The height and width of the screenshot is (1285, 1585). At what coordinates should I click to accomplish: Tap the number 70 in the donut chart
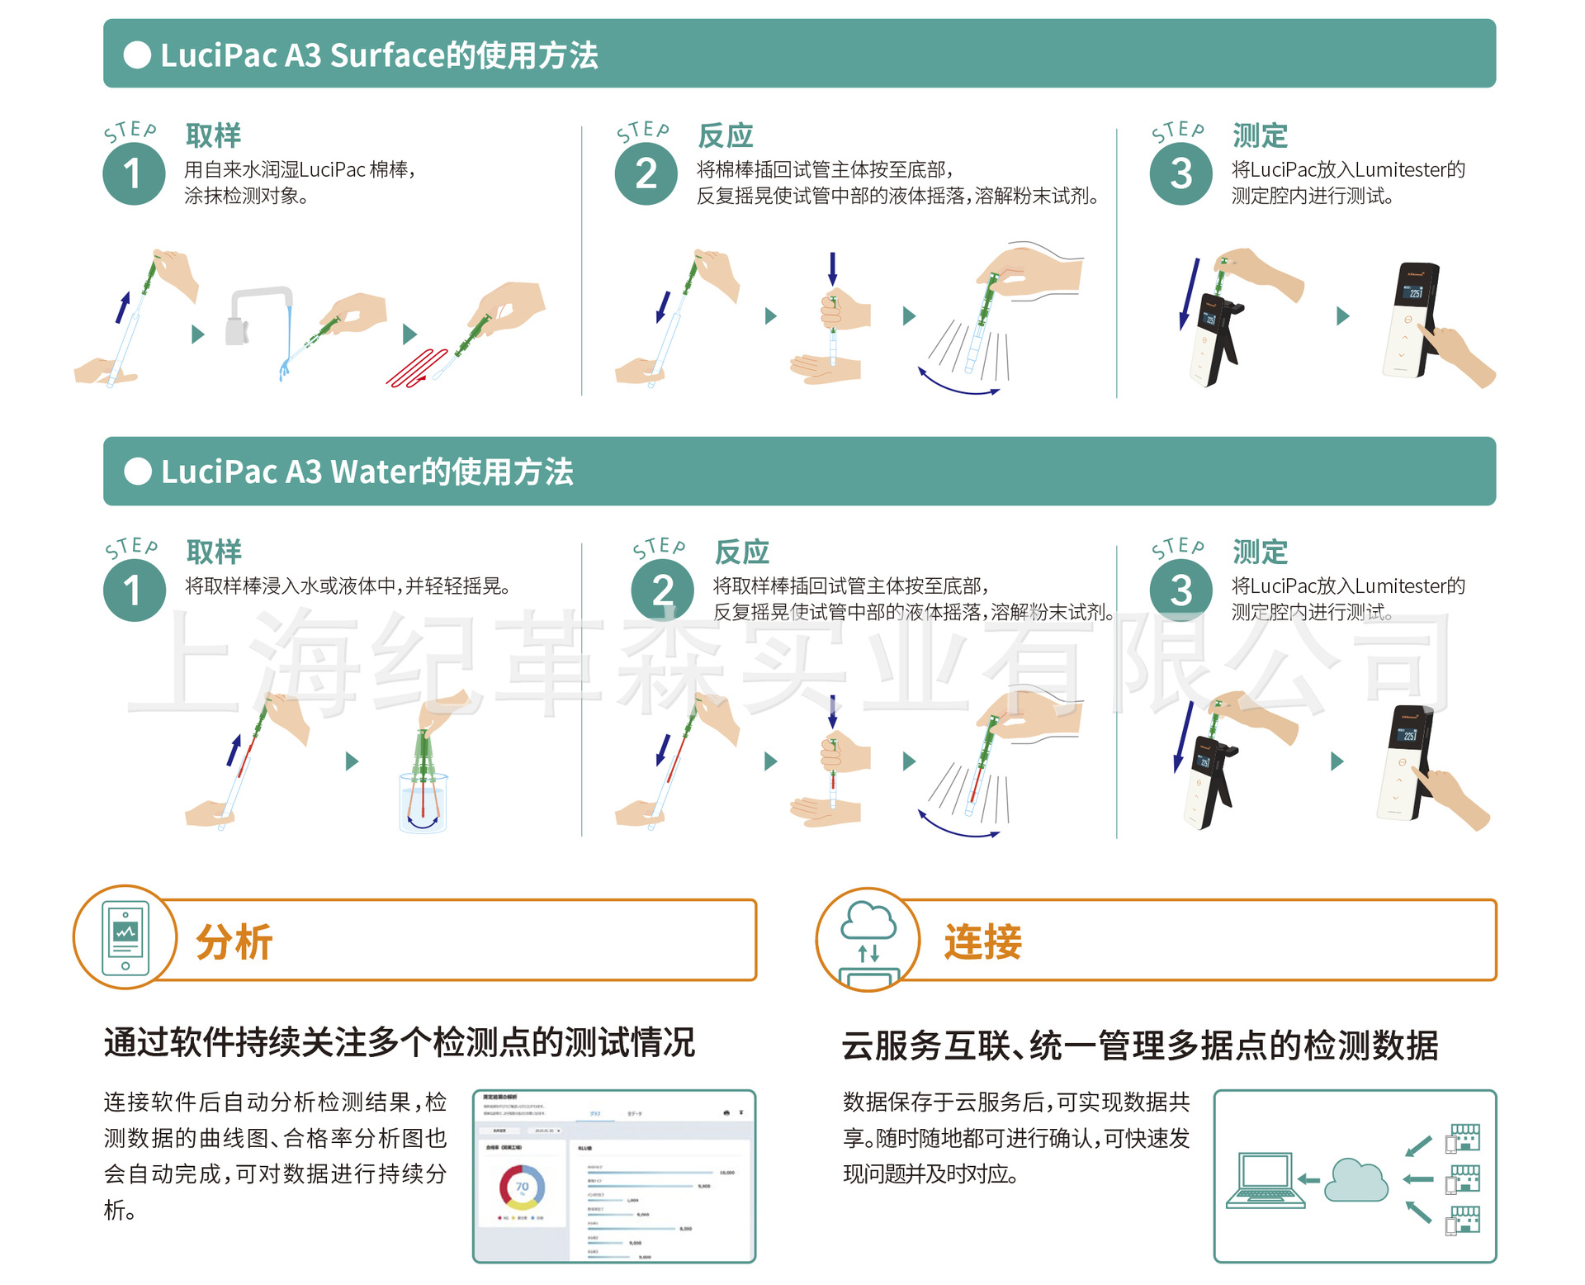tap(522, 1187)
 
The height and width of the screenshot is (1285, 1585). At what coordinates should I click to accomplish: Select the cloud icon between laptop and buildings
tap(1356, 1181)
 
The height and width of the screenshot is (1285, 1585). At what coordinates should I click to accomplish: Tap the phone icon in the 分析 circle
tap(125, 937)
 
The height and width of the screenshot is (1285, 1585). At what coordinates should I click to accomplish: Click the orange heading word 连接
tap(982, 941)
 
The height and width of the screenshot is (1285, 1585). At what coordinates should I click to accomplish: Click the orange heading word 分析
tap(234, 941)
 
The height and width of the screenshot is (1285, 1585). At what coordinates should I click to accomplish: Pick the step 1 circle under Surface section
tap(134, 174)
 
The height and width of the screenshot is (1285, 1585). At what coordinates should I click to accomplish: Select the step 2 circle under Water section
tap(662, 590)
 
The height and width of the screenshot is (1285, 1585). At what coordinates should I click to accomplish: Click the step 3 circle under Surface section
tap(1180, 174)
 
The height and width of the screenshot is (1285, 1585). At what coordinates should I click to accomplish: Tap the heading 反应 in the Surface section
tap(726, 135)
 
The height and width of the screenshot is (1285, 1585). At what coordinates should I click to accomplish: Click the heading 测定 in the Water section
tap(1260, 552)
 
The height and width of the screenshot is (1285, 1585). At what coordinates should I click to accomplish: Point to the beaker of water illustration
tap(423, 800)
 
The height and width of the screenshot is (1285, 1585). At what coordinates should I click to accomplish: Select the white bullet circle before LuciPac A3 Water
tap(138, 472)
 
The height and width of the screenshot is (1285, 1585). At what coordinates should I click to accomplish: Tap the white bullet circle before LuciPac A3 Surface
tap(137, 55)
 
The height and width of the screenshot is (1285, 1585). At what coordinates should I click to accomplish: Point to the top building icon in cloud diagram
tap(1464, 1137)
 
